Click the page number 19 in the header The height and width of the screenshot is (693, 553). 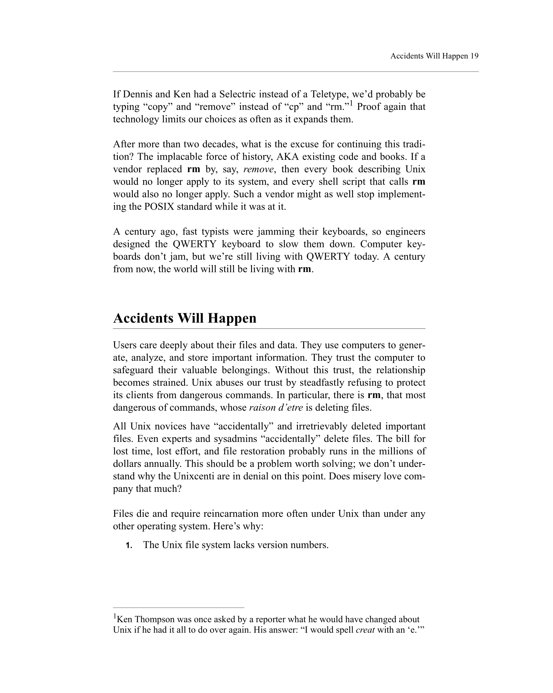coord(474,56)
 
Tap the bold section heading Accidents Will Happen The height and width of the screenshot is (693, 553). coord(185,318)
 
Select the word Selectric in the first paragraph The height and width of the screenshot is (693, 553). coord(237,94)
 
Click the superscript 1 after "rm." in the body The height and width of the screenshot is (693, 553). coord(351,103)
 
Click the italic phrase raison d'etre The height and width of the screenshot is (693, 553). coord(276,408)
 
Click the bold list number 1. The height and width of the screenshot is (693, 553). coord(129,546)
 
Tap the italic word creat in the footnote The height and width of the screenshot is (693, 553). coord(365,630)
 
